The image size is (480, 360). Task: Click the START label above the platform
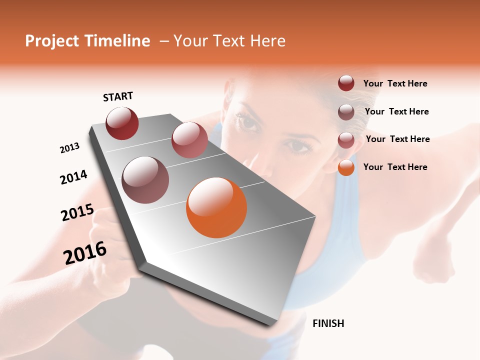(x=118, y=96)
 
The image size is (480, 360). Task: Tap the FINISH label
(x=328, y=323)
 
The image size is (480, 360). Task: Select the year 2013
(x=69, y=148)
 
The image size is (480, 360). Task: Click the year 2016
(x=85, y=253)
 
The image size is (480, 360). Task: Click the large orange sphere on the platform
(x=216, y=207)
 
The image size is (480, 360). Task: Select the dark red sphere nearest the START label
(x=122, y=123)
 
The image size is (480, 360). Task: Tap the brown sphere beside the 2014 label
(x=145, y=180)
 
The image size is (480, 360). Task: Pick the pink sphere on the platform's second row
(x=189, y=139)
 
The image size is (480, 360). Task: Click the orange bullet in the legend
(x=346, y=167)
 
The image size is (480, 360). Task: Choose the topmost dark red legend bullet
(x=346, y=83)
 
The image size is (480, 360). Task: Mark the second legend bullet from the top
(x=346, y=112)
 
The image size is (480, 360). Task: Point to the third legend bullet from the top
(x=346, y=139)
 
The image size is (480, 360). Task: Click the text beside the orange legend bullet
(x=395, y=167)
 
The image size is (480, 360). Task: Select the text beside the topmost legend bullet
(x=395, y=83)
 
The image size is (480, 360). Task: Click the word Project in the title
(x=51, y=41)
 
